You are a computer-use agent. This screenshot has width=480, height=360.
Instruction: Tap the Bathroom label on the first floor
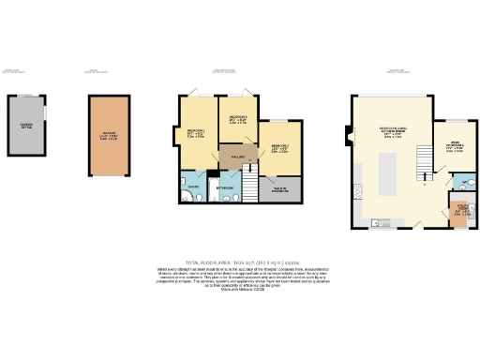click(x=225, y=187)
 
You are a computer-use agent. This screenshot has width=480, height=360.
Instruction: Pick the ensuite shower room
click(x=192, y=187)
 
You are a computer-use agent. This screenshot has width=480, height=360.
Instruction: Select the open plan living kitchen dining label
click(x=386, y=133)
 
